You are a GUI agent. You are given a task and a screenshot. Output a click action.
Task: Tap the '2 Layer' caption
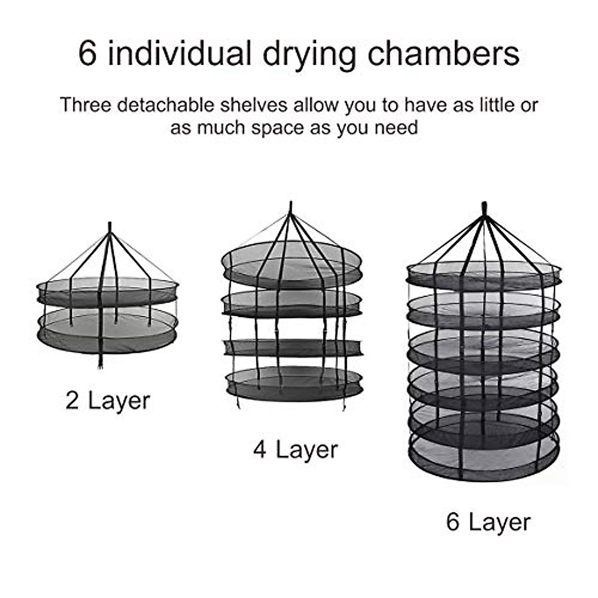[x=108, y=400]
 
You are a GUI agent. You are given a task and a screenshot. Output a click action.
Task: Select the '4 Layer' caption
[x=295, y=449]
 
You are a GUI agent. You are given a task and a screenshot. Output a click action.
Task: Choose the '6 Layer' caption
[x=488, y=522]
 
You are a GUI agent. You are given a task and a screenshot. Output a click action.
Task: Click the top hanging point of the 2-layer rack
[x=110, y=226]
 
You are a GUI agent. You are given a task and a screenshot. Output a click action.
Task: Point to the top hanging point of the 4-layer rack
[x=291, y=205]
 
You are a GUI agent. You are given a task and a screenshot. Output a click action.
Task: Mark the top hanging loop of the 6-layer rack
[x=484, y=206]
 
